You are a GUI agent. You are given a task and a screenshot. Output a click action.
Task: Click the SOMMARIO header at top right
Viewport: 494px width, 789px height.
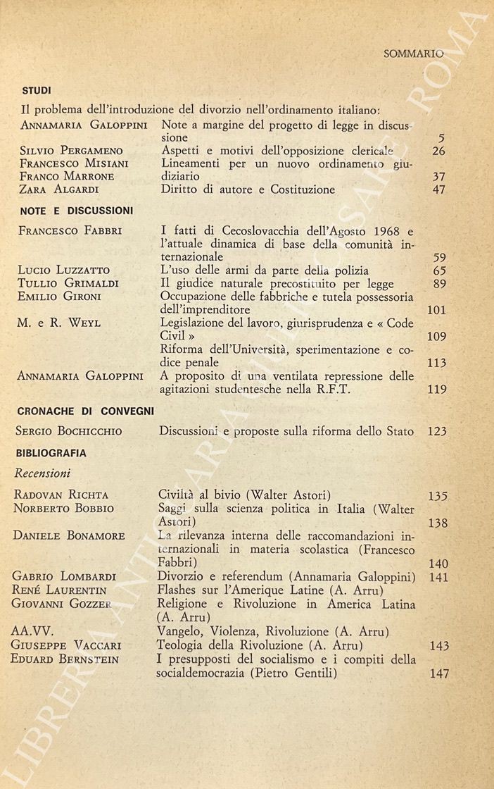[x=414, y=54]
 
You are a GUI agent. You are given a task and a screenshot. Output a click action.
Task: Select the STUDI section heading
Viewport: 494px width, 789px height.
[x=36, y=90]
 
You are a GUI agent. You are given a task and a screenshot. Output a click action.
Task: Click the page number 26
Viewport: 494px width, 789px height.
[x=438, y=151]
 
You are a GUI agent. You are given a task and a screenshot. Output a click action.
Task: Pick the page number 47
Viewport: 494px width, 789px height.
[x=438, y=190]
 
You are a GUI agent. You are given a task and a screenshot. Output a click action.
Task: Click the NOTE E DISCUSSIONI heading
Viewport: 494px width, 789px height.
[x=77, y=210]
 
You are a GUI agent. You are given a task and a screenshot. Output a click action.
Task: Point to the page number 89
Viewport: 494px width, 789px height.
[x=438, y=283]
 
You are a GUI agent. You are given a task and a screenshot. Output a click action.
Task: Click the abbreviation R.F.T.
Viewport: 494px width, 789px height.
[x=341, y=388]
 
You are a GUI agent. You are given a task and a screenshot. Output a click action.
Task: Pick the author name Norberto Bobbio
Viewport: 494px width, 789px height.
[x=63, y=509]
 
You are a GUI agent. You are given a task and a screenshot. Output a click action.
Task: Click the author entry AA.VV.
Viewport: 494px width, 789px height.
[x=33, y=632]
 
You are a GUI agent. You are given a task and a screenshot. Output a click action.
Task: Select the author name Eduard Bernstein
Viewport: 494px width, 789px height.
[x=65, y=659]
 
